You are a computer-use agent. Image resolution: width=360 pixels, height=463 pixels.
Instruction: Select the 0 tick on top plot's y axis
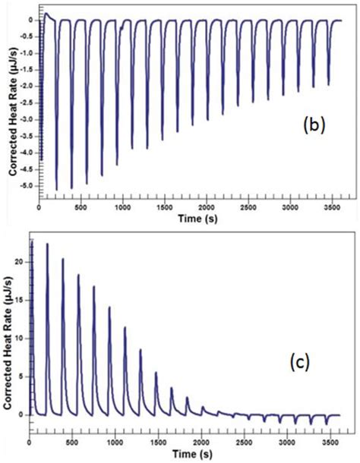point(31,20)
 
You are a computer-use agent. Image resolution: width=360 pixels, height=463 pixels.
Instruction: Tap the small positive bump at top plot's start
point(46,14)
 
